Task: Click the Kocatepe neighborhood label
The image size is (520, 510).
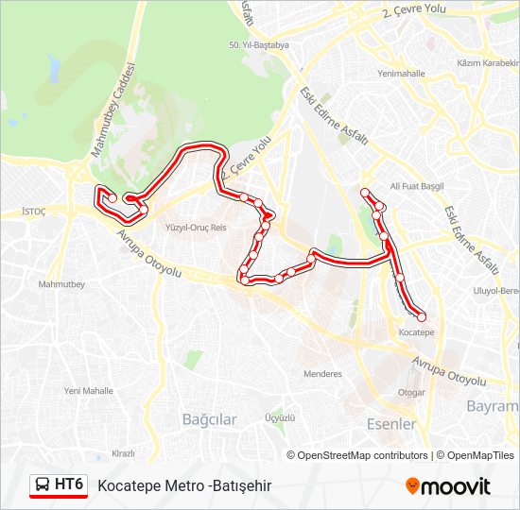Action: tap(416, 332)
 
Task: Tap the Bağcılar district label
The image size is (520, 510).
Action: tap(209, 419)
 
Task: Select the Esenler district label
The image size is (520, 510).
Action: tap(391, 424)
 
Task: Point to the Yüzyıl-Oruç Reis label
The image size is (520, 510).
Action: tap(196, 228)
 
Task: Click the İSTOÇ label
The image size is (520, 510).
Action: tap(33, 213)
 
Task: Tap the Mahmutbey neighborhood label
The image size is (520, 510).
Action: tap(61, 284)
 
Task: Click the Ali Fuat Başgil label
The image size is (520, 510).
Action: tap(417, 187)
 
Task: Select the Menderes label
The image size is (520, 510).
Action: tap(322, 374)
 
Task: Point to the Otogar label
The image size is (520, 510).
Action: tap(411, 392)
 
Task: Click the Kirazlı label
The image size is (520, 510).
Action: tap(123, 453)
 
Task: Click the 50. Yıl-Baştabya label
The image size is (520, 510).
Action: tap(258, 44)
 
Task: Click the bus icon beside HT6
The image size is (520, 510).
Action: tap(43, 485)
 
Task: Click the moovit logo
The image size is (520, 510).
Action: tap(447, 486)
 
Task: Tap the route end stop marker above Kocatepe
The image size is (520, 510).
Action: tap(421, 316)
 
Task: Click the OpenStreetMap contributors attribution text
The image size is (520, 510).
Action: tap(363, 455)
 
